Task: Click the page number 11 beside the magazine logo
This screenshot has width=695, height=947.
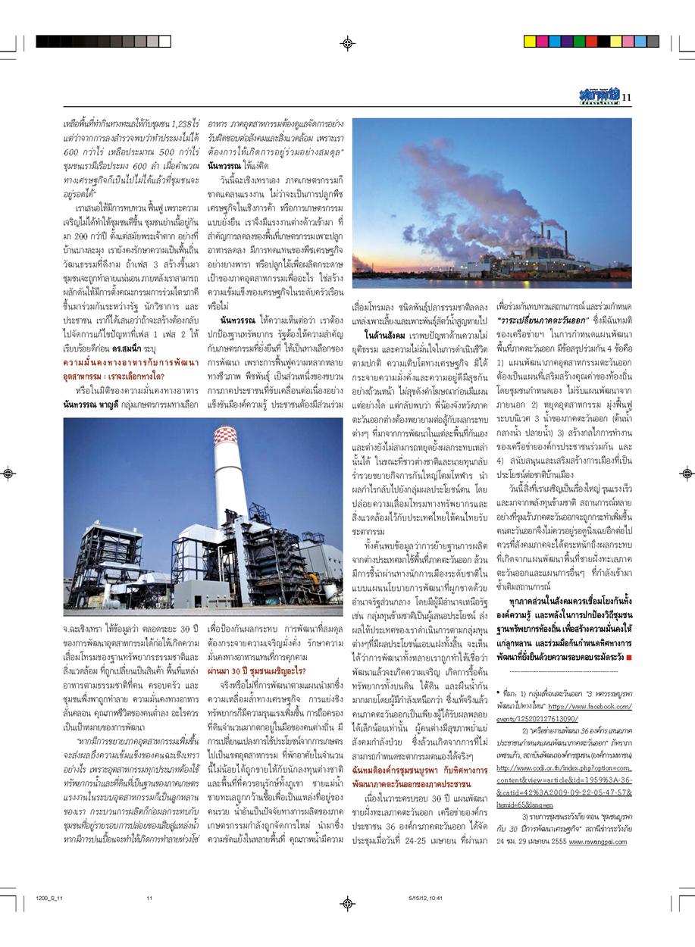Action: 626,96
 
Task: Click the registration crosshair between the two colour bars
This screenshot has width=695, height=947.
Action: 347,43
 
